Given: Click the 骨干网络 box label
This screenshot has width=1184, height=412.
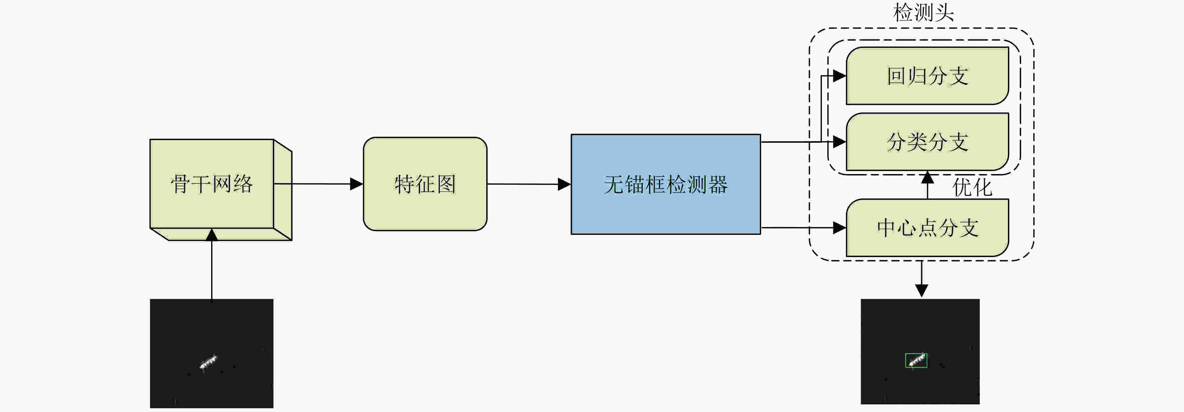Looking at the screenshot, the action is [x=211, y=184].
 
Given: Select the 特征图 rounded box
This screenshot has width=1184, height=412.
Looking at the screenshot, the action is [x=425, y=184].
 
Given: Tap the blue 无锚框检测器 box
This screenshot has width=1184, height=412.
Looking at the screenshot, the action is [x=666, y=184].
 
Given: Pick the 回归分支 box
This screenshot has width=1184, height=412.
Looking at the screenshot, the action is [x=927, y=76].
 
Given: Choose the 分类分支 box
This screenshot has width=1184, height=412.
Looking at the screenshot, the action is [x=927, y=142].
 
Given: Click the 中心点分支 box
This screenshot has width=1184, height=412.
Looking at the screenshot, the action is [x=927, y=227].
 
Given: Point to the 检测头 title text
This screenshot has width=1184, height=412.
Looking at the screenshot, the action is [x=923, y=13].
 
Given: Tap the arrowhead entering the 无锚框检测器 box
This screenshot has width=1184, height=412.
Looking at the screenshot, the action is [x=564, y=184].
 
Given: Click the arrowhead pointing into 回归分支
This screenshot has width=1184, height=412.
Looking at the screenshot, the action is [x=840, y=76].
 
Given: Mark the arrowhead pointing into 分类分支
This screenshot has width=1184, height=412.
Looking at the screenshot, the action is [x=840, y=142].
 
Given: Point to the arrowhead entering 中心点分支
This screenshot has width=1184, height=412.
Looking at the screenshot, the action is [x=840, y=227].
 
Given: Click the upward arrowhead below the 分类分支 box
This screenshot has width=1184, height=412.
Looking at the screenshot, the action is [x=927, y=177].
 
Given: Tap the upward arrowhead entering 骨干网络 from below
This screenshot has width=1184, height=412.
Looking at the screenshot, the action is [x=211, y=235].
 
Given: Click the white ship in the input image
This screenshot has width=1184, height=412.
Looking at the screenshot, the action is [x=208, y=362].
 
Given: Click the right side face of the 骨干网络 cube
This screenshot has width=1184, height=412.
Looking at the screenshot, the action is [x=283, y=190].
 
